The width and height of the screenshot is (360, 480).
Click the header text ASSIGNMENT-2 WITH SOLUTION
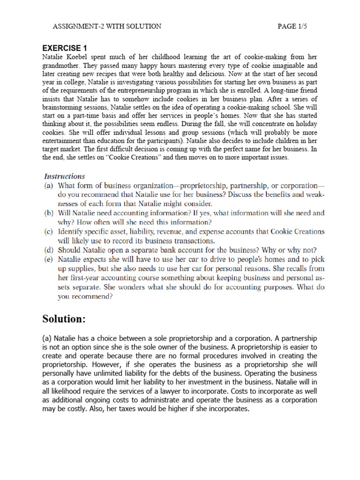(107, 26)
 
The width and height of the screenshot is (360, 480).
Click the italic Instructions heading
(64, 176)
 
